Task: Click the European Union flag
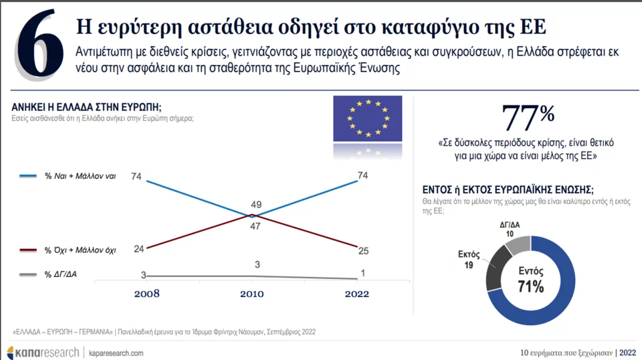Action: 367,118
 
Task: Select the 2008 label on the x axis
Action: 147,293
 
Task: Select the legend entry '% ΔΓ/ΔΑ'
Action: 61,274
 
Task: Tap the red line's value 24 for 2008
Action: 139,249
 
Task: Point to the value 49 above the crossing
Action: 256,205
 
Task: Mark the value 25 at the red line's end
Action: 363,250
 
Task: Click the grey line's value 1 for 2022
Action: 363,272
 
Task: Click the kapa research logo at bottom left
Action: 41,353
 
